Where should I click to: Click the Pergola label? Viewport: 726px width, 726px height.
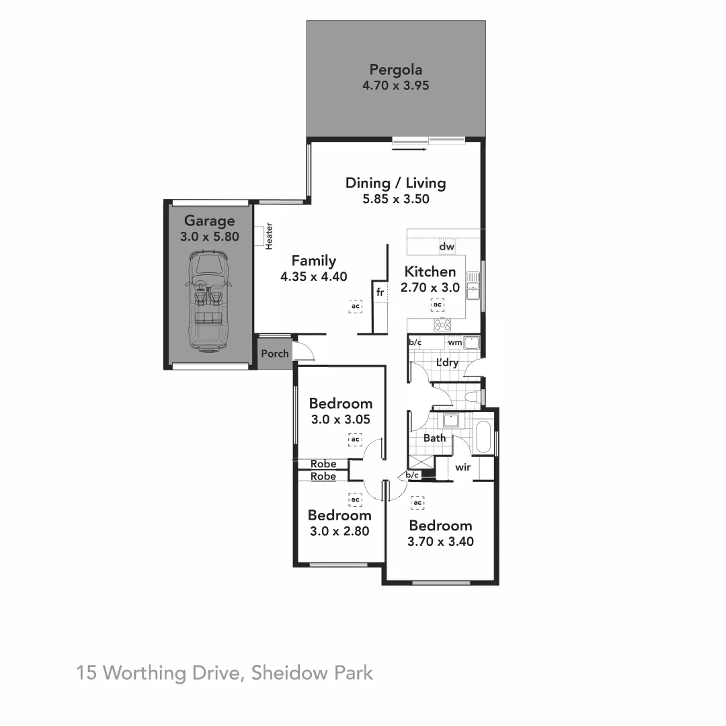396,69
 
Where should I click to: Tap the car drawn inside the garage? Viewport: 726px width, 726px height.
208,301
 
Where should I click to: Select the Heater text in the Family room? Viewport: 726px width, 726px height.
269,236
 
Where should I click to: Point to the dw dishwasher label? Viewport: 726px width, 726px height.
446,247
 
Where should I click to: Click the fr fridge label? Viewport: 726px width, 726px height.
380,292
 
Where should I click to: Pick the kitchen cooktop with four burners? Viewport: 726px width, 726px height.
442,325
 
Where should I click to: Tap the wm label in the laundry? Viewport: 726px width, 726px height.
454,343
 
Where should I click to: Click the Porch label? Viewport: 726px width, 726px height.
274,354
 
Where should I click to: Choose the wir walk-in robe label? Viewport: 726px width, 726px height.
462,467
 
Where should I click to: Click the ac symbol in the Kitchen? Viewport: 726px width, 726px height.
437,305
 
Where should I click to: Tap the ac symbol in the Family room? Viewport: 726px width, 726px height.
356,307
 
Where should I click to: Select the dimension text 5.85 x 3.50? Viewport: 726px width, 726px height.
395,199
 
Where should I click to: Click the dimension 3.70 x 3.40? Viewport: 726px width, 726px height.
440,541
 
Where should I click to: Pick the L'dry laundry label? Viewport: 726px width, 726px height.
447,363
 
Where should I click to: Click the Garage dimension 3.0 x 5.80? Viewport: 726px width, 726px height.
210,237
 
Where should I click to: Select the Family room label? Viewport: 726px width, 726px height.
313,261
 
